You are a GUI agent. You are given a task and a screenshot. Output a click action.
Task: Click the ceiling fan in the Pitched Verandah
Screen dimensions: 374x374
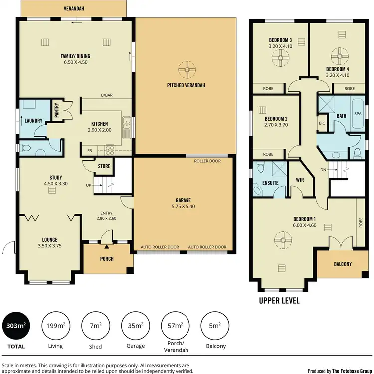[x=186, y=68]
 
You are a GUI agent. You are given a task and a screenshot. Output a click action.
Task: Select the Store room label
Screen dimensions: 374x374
[x=104, y=166]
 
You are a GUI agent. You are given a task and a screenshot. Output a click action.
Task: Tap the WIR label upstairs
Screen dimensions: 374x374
[x=300, y=180]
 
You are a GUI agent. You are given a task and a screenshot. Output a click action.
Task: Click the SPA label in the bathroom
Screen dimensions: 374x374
[x=357, y=114]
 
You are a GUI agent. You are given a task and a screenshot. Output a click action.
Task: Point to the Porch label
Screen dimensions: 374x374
[x=107, y=259]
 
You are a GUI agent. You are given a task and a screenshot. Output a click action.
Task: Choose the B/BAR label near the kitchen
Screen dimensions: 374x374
[x=106, y=95]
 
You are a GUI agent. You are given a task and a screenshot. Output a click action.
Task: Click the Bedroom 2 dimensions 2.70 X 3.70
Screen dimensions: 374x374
[x=275, y=125]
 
